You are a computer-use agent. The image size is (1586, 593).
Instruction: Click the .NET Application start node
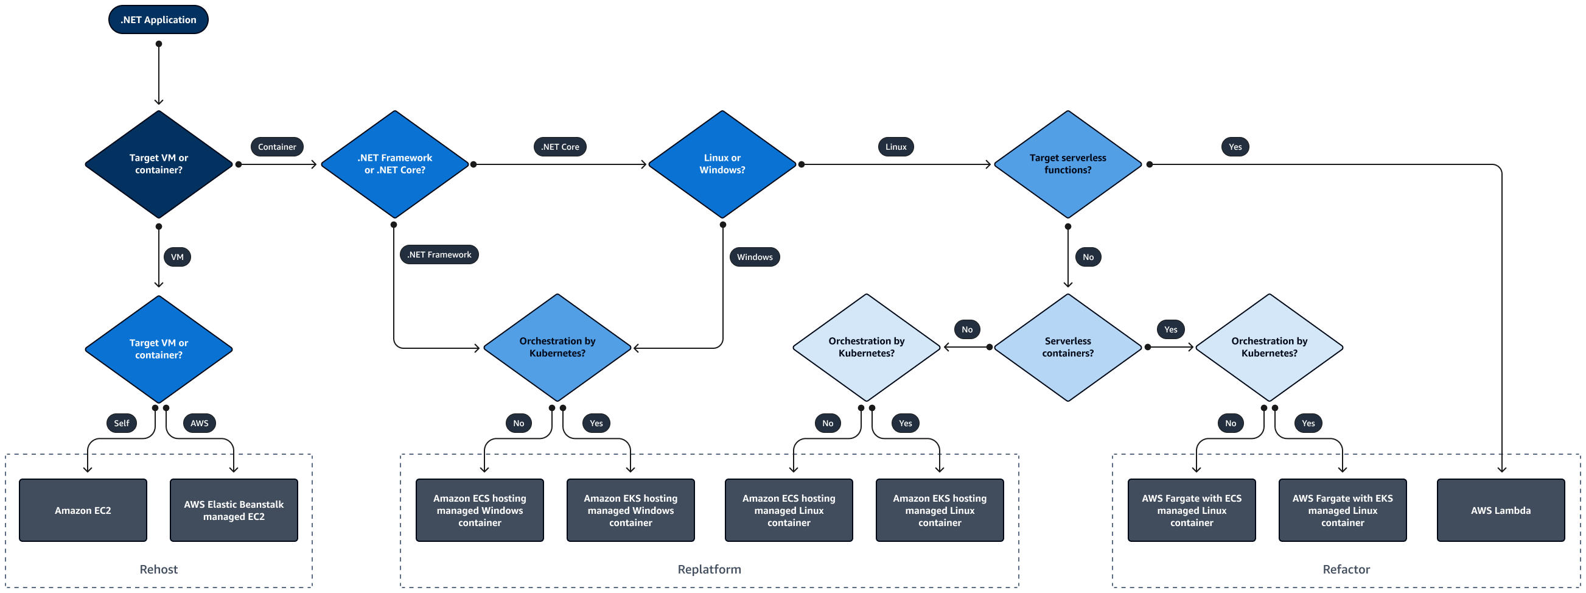(x=158, y=19)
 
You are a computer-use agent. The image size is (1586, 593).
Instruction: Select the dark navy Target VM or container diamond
(x=158, y=164)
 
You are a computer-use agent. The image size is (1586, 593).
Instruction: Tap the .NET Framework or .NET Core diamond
(x=394, y=164)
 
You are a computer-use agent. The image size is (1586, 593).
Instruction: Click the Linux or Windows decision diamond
(x=722, y=164)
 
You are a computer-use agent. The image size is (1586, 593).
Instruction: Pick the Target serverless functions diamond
(x=1067, y=164)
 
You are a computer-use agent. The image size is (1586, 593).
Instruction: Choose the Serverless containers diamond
(x=1067, y=347)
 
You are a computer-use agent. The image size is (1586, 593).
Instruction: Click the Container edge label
(x=276, y=147)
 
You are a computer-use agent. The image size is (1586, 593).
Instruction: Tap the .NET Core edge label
(x=560, y=147)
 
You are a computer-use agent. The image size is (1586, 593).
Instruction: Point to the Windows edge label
(x=754, y=257)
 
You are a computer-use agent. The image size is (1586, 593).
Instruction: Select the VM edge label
(x=176, y=257)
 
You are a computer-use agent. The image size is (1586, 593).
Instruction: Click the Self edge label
(x=121, y=423)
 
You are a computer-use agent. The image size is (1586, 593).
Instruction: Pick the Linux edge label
(x=895, y=147)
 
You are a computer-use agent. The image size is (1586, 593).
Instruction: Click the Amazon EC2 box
(x=83, y=510)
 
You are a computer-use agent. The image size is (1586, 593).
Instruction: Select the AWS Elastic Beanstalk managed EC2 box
(x=234, y=510)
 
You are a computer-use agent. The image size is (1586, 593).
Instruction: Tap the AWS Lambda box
(x=1500, y=510)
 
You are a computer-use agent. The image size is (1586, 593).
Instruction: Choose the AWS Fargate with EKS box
(x=1342, y=510)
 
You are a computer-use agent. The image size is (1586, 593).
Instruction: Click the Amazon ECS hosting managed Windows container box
(x=480, y=510)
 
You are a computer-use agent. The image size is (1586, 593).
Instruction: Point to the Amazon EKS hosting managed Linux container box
(x=940, y=510)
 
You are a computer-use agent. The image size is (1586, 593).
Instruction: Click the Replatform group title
(x=709, y=569)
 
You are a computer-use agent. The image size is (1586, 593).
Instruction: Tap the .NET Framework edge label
(x=439, y=254)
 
